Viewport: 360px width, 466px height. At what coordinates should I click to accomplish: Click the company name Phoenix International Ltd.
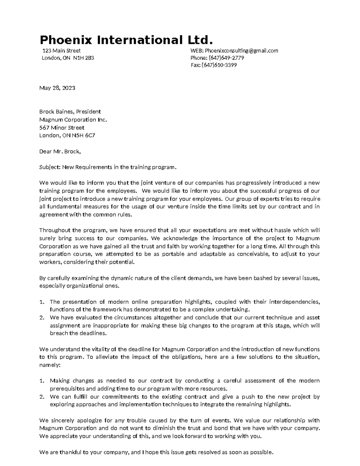point(127,40)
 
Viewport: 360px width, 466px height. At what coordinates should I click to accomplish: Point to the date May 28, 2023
point(57,88)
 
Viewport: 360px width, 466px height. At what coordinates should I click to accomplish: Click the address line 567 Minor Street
point(62,128)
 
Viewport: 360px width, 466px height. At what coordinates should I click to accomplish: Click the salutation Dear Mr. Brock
point(60,152)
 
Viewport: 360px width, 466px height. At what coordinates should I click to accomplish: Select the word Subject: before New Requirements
point(50,167)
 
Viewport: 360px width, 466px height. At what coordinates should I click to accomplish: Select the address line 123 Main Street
point(62,51)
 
